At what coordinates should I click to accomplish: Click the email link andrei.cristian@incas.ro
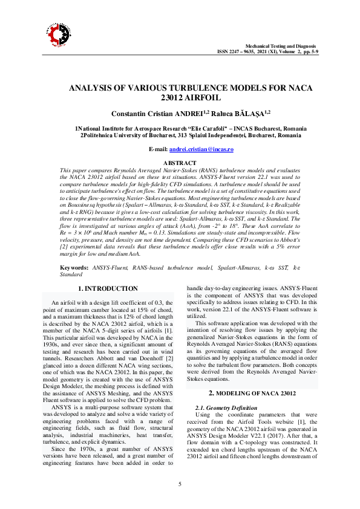tap(201, 149)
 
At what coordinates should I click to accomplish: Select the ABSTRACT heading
tap(180, 163)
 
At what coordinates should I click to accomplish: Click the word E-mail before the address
tap(159, 149)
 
